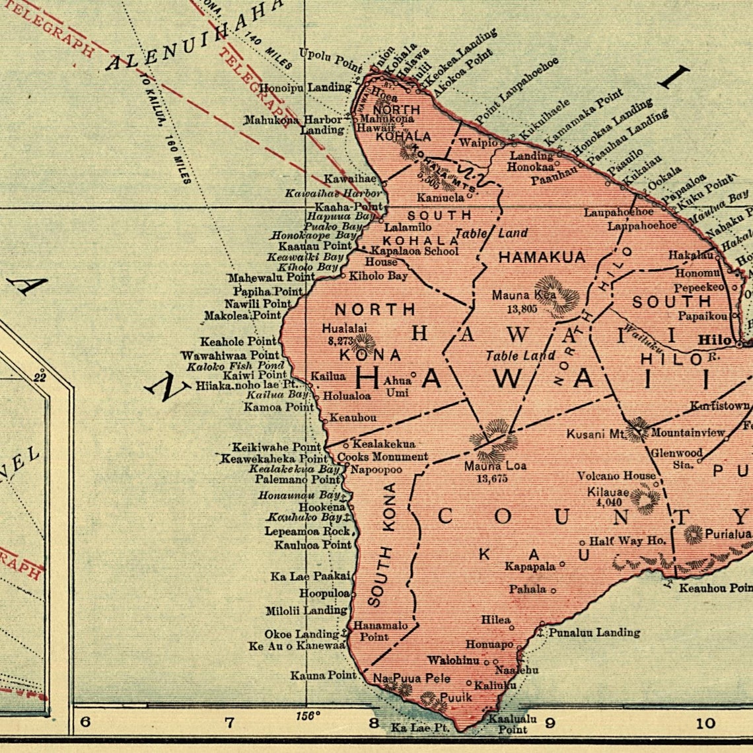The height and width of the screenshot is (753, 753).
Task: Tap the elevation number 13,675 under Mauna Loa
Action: tap(492, 478)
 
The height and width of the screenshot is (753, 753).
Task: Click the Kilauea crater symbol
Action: tap(645, 498)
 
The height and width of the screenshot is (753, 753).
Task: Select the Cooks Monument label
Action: tap(382, 456)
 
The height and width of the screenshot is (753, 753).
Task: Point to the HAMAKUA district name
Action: tap(542, 257)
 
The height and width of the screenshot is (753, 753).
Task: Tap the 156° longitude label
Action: tap(308, 715)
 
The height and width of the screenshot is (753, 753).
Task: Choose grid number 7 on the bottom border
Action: tap(229, 722)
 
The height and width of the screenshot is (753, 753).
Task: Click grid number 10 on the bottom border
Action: tap(705, 723)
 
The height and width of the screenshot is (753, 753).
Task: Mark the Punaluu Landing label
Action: tap(594, 632)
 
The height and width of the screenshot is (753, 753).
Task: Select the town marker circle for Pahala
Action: tap(554, 591)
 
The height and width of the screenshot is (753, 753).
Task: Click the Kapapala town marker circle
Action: tap(563, 565)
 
